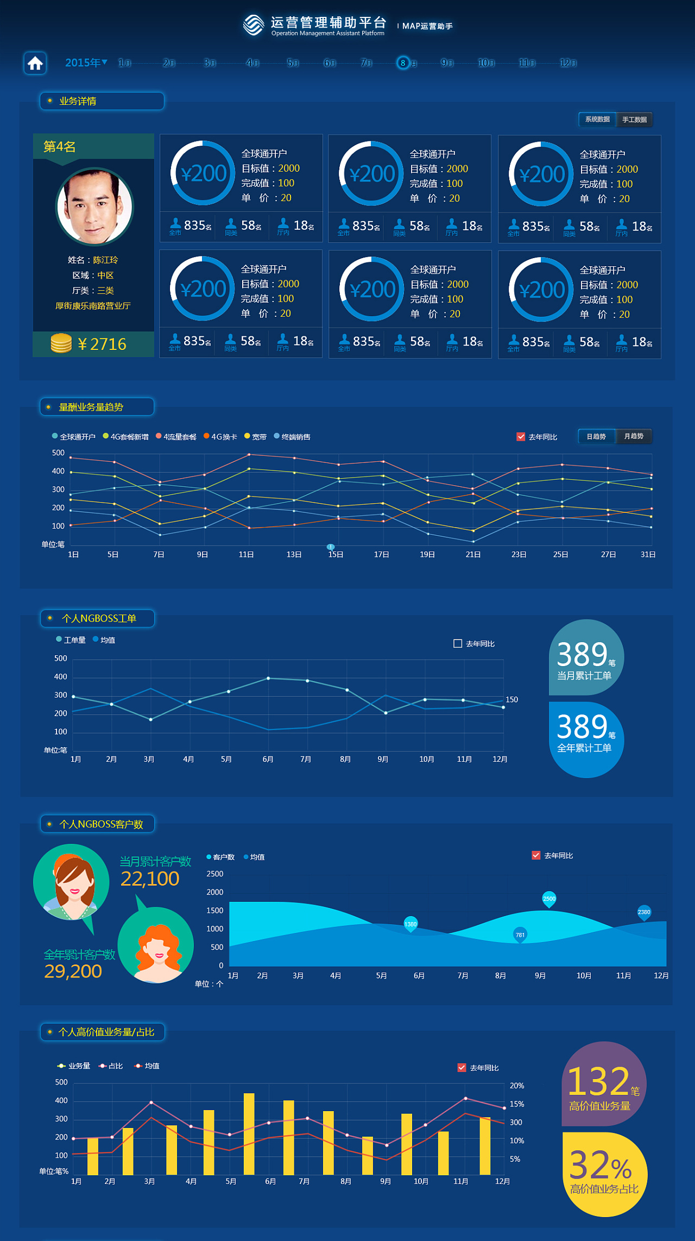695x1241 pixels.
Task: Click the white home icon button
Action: (35, 63)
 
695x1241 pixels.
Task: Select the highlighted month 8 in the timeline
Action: (403, 63)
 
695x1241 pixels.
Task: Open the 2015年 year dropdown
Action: (86, 63)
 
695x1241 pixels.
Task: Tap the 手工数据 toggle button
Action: (634, 120)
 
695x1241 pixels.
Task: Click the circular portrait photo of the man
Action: (94, 206)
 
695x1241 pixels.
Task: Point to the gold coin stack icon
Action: (61, 343)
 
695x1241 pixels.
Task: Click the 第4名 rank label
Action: (60, 147)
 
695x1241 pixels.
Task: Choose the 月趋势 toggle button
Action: (634, 436)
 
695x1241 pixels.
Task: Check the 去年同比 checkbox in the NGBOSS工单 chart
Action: (458, 643)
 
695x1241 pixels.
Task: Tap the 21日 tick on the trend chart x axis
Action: (473, 554)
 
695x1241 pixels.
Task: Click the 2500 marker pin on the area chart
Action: (549, 899)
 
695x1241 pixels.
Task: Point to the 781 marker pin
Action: (520, 935)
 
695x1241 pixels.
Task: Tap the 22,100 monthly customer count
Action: (150, 879)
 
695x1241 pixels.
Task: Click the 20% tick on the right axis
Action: (517, 1086)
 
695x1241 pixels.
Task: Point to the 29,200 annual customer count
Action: (73, 971)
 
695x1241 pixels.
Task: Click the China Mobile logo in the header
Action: (254, 25)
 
